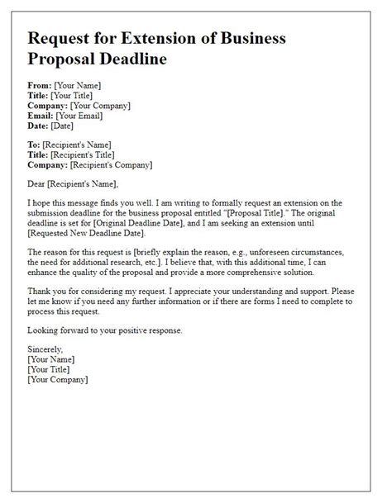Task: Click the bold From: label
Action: pos(40,85)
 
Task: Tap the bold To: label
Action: pos(36,145)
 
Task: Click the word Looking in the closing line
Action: pos(45,331)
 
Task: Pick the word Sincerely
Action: pos(46,351)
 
